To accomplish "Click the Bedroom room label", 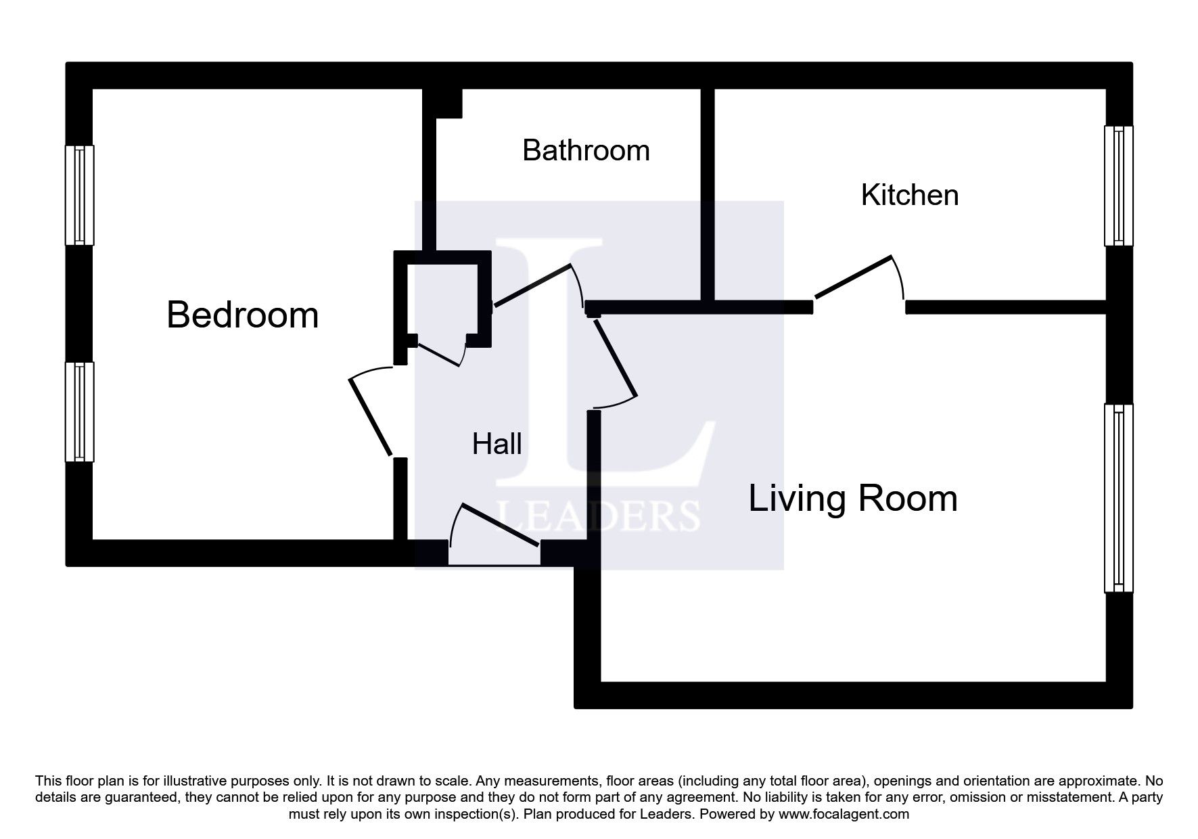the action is [242, 315].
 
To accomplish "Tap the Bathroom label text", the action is [586, 150].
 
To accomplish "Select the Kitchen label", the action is [910, 195].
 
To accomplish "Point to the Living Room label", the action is [853, 499].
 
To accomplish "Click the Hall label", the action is [497, 444].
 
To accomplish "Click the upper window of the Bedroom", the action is [79, 195].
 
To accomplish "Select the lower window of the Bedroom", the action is [79, 412].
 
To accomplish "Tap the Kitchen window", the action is [1118, 186].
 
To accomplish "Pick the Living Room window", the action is [1118, 498].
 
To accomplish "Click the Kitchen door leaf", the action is [854, 276].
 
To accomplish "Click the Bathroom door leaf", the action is [533, 286].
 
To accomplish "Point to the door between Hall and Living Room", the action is [616, 358].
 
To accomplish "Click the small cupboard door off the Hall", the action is [439, 355].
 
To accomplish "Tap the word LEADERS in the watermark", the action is [599, 516].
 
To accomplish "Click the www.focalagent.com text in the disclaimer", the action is [844, 814].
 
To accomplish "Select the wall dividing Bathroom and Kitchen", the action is [708, 195].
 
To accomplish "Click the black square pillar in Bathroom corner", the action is [448, 103].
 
